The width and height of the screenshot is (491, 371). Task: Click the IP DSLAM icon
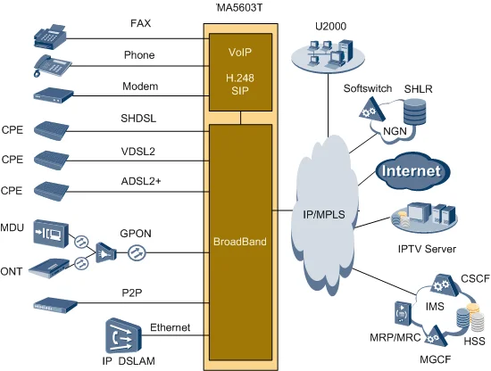coord(122,336)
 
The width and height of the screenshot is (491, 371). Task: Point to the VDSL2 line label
coord(138,152)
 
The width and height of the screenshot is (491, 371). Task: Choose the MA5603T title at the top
coord(240,7)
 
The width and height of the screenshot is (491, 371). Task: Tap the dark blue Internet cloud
coord(410,171)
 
